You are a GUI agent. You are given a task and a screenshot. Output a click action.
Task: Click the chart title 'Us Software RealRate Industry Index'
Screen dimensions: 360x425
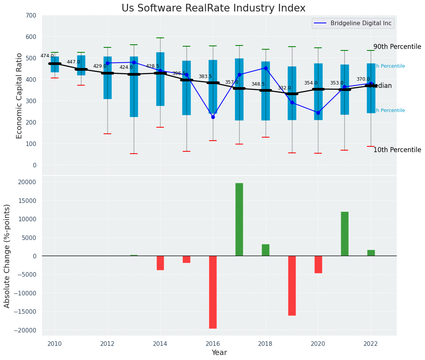click(x=213, y=8)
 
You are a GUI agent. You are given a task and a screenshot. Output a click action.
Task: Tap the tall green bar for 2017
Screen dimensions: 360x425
click(x=239, y=219)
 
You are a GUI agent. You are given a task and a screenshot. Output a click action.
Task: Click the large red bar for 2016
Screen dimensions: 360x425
click(x=213, y=292)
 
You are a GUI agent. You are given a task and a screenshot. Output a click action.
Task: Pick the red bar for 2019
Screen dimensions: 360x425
click(x=292, y=285)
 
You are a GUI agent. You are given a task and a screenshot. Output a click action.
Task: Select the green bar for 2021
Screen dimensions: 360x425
click(x=345, y=234)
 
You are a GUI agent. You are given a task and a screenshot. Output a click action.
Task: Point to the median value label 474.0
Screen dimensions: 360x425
click(x=47, y=56)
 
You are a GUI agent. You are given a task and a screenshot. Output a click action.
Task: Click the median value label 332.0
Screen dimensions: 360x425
click(x=284, y=88)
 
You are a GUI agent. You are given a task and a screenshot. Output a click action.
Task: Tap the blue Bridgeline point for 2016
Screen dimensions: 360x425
click(x=213, y=117)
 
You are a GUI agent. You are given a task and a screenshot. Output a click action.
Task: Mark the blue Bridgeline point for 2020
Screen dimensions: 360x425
click(x=318, y=113)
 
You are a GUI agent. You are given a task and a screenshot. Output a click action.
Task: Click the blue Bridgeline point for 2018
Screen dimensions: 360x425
click(x=266, y=68)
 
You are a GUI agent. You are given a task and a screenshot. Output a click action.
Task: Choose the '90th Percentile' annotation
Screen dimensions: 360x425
click(x=397, y=47)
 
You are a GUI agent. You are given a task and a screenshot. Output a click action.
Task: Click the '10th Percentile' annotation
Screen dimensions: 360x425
click(x=397, y=150)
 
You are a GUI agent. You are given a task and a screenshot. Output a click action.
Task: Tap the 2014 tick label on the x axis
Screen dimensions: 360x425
click(x=160, y=343)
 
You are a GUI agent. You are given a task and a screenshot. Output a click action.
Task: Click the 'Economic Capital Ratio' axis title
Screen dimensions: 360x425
click(x=19, y=95)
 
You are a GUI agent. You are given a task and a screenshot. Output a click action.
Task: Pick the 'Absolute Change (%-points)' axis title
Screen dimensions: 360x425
click(x=7, y=256)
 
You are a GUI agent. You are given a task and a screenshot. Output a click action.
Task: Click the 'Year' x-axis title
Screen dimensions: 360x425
click(x=219, y=353)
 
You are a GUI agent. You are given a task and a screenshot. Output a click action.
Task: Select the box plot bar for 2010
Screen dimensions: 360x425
click(x=55, y=64)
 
